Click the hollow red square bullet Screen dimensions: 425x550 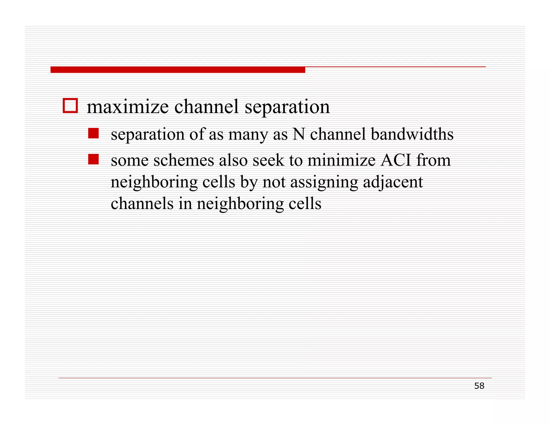coord(70,106)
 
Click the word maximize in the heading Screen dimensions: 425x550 coord(128,107)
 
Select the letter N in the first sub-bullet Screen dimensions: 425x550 coord(299,134)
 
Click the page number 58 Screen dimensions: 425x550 coord(479,386)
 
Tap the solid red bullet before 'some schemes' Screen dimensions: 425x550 coord(93,159)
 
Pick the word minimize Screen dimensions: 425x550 coord(341,160)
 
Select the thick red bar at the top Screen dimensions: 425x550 coord(178,70)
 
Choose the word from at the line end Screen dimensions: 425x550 coord(433,160)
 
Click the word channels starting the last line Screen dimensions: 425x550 coord(142,204)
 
